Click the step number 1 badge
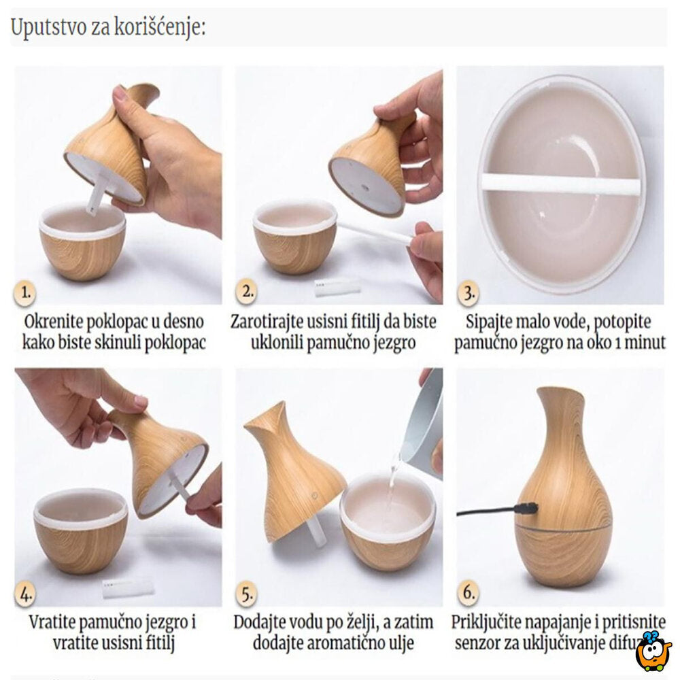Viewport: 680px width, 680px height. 26,294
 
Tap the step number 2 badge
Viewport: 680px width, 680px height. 246,293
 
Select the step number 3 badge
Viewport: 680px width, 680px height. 467,294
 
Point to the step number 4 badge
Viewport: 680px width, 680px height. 26,594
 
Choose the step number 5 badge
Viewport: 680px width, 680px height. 246,594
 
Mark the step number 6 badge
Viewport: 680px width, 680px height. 467,594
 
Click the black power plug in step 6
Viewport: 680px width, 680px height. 525,508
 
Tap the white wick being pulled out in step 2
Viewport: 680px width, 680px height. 374,232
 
